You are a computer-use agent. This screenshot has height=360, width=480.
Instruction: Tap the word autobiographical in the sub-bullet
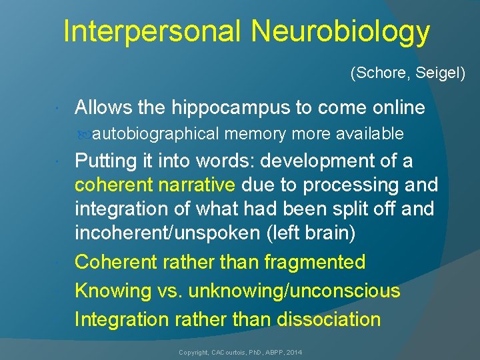[x=155, y=134]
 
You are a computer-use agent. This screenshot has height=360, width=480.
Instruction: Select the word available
[x=370, y=134]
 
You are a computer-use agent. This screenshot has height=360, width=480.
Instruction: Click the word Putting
[x=106, y=161]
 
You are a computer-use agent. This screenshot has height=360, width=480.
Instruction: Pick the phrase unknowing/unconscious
[x=294, y=291]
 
